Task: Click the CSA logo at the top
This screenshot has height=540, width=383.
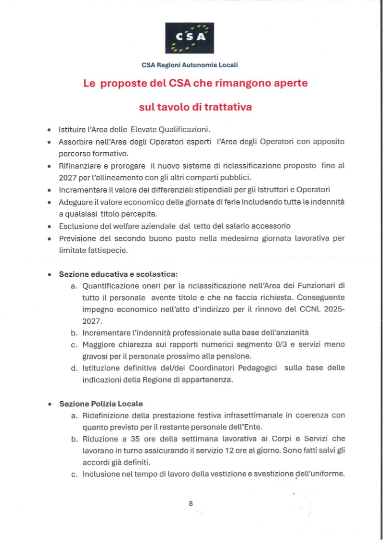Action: pyautogui.click(x=190, y=38)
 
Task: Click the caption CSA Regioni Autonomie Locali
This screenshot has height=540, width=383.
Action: pyautogui.click(x=190, y=64)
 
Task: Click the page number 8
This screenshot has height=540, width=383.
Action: pyautogui.click(x=191, y=503)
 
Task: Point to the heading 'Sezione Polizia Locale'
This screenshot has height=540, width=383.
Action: pyautogui.click(x=101, y=404)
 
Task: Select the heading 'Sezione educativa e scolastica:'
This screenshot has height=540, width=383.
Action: pyautogui.click(x=118, y=274)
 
